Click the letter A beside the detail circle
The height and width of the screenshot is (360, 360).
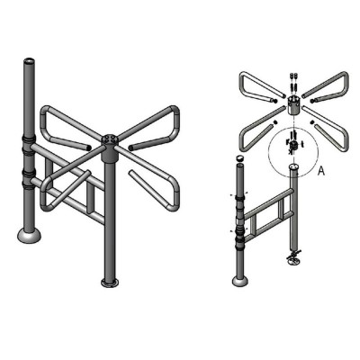(x=321, y=171)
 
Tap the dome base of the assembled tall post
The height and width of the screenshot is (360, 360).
(x=29, y=235)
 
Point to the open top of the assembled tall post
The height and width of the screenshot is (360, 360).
(x=29, y=60)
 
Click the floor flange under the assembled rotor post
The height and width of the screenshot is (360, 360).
(x=110, y=283)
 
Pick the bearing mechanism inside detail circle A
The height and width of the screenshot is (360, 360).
(x=294, y=145)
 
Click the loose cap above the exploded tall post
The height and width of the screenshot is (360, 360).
(x=239, y=157)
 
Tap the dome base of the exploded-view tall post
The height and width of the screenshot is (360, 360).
(x=240, y=282)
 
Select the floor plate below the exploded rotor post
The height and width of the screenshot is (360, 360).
(x=294, y=259)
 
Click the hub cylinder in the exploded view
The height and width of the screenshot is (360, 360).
(x=294, y=105)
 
